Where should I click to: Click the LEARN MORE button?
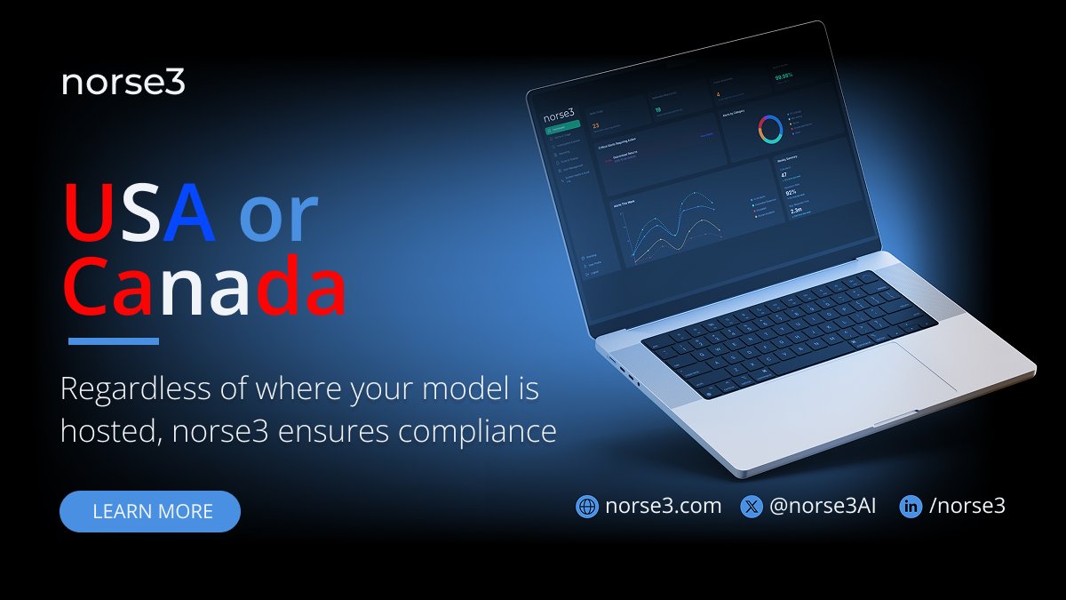point(150,511)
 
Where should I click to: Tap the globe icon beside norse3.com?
point(587,507)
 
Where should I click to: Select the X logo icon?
point(752,507)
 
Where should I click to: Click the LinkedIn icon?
point(911,507)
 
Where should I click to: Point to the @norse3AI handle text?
point(823,507)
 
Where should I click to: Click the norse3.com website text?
point(663,507)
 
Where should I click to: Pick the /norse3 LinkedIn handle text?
point(967,507)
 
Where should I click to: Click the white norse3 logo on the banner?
point(123,84)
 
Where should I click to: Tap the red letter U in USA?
point(86,213)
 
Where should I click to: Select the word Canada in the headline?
point(204,287)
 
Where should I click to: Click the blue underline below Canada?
point(114,341)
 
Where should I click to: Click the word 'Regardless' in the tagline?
point(136,389)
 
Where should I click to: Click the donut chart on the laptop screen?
point(769,130)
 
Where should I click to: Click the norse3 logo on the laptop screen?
point(559,114)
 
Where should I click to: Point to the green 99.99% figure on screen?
point(783,76)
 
